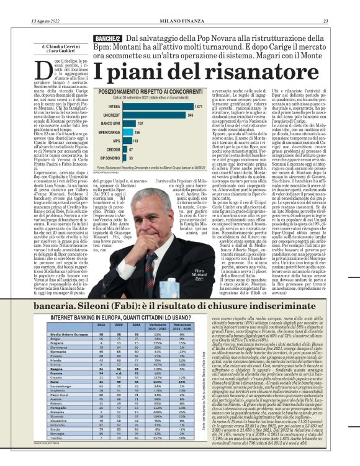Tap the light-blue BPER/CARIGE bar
tap(128, 132)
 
